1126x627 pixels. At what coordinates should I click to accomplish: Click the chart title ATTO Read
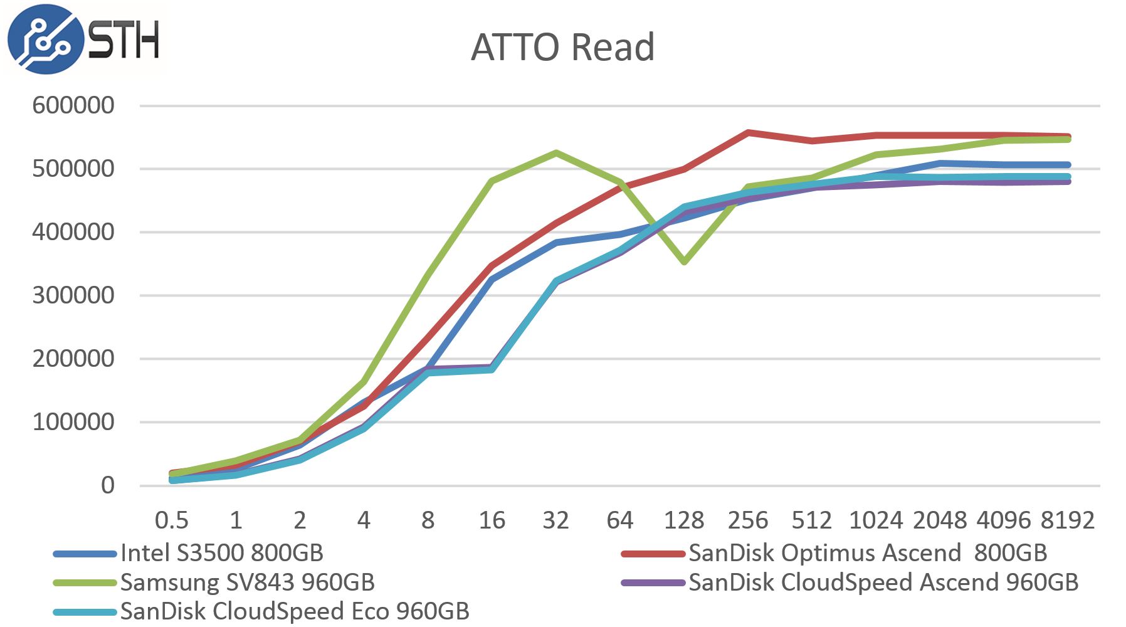[562, 47]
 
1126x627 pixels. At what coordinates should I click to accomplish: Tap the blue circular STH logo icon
[45, 39]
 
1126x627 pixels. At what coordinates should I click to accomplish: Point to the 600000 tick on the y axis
[73, 105]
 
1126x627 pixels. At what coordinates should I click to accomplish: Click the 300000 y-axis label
[73, 295]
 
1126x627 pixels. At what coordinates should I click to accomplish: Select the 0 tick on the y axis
[108, 485]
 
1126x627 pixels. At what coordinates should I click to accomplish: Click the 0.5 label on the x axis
[171, 520]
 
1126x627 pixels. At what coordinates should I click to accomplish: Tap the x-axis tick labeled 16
[492, 520]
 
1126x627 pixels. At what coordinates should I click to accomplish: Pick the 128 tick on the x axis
[683, 520]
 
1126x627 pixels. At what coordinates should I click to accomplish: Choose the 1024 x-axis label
[875, 520]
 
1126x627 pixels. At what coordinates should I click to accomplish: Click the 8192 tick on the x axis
[1067, 520]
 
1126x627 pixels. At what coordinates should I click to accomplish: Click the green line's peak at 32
[555, 152]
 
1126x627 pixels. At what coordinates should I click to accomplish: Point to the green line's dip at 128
[684, 261]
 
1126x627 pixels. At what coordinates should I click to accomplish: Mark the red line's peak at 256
[748, 133]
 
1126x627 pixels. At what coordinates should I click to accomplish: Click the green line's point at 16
[492, 181]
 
